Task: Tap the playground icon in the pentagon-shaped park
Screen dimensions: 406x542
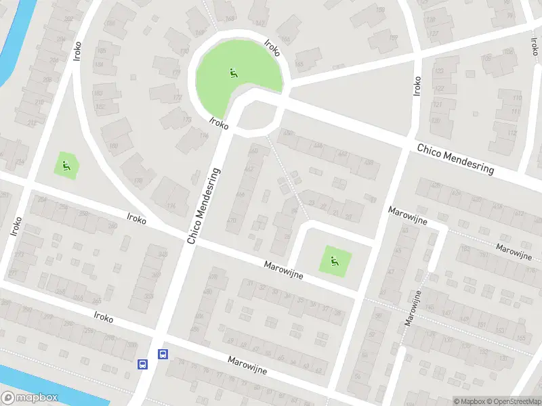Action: pyautogui.click(x=66, y=164)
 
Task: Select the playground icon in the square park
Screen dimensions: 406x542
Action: pyautogui.click(x=333, y=259)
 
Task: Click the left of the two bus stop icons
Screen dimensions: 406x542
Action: pyautogui.click(x=143, y=364)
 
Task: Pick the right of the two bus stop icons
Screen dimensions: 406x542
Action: pyautogui.click(x=163, y=354)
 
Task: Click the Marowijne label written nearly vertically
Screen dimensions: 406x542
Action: pyautogui.click(x=414, y=307)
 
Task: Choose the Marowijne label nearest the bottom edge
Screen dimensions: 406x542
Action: pyautogui.click(x=247, y=365)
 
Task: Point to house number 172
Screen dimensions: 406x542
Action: pyautogui.click(x=178, y=98)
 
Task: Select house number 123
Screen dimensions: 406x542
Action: pyautogui.click(x=438, y=70)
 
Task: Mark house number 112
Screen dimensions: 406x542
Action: pyautogui.click(x=513, y=133)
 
